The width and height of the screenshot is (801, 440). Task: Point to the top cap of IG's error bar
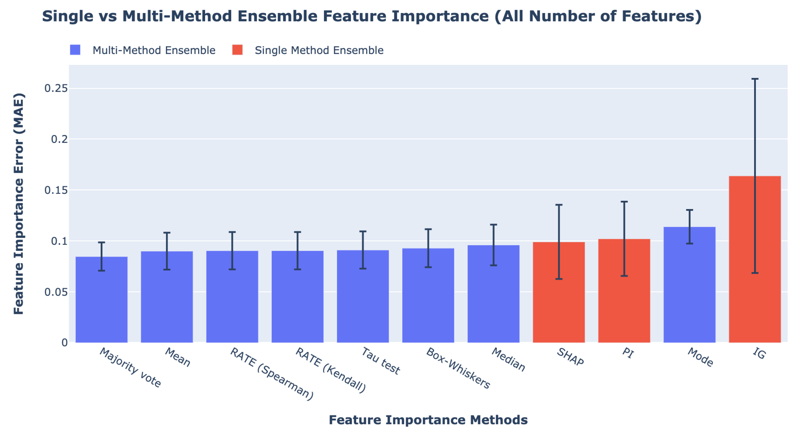click(x=755, y=79)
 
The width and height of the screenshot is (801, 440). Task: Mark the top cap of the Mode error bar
click(x=689, y=210)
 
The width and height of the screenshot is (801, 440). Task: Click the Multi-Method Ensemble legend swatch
click(x=75, y=50)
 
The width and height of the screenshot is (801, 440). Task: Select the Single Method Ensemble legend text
click(x=319, y=50)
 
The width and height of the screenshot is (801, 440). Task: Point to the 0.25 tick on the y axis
click(x=56, y=88)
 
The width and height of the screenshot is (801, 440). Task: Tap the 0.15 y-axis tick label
click(x=56, y=190)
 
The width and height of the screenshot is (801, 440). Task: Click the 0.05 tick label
click(x=56, y=292)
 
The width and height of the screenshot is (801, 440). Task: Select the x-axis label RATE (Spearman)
click(x=272, y=374)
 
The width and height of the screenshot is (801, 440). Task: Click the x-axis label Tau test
click(x=380, y=361)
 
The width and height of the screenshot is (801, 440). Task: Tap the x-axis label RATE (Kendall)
click(x=330, y=370)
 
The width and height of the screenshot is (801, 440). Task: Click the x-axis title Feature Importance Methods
click(x=428, y=420)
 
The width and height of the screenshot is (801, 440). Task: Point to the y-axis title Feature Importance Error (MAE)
click(x=19, y=204)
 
